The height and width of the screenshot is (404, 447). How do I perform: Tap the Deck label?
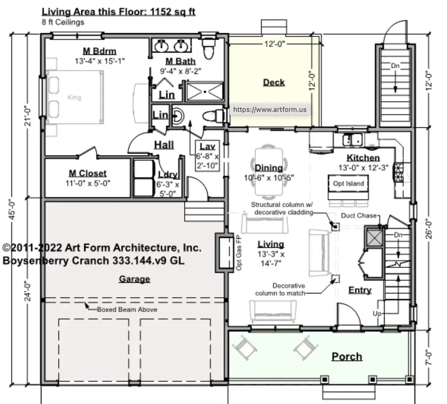[x=274, y=82]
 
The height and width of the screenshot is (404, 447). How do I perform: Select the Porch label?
[x=347, y=356]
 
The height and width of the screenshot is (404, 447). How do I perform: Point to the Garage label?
[x=134, y=279]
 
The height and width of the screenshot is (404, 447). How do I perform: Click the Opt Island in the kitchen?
[x=348, y=183]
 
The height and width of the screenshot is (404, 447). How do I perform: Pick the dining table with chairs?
[x=269, y=171]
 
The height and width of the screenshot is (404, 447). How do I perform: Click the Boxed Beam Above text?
[x=127, y=309]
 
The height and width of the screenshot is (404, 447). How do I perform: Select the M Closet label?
[x=87, y=173]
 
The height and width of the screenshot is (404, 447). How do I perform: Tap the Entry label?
[x=360, y=290]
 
